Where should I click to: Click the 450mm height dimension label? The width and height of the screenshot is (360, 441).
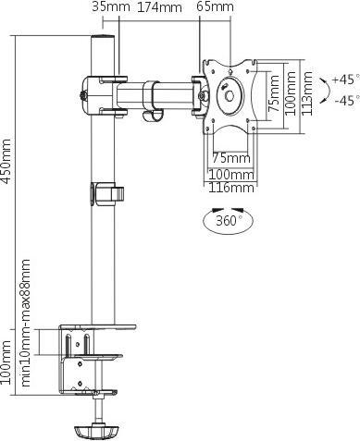coord(6,162)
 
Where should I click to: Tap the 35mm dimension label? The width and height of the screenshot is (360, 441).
coord(111,6)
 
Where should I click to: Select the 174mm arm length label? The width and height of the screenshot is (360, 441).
coord(159,7)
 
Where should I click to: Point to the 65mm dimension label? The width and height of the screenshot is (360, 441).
coord(216,6)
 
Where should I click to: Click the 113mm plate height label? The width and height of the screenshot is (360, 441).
coord(307,93)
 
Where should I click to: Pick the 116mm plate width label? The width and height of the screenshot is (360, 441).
coord(231,188)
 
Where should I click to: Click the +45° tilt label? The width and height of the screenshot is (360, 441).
coord(346,80)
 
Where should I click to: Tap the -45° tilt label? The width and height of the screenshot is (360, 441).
coord(347,101)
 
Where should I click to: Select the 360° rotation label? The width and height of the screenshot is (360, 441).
coord(229,221)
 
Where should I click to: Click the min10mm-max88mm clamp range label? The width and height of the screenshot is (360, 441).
coord(26,323)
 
